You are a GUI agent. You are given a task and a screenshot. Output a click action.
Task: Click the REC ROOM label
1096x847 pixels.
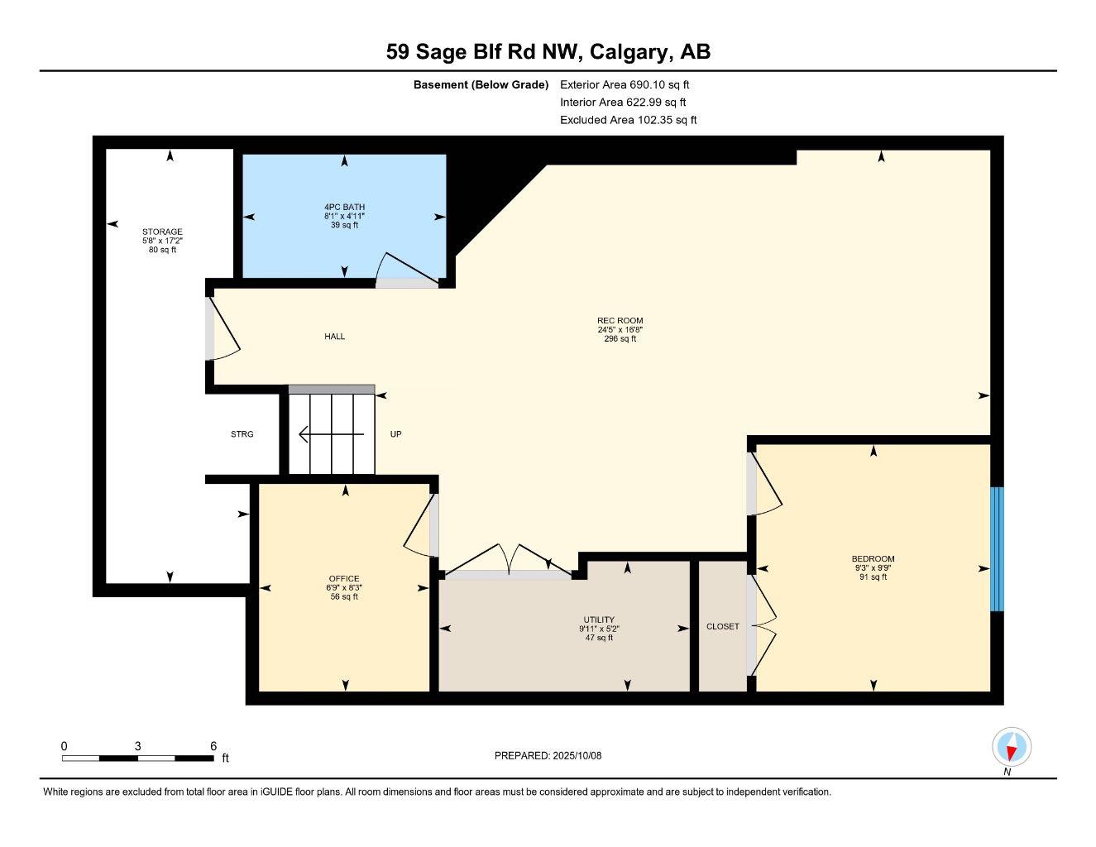[x=620, y=321]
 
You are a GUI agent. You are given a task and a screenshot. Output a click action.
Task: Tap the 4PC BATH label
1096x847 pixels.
[x=344, y=207]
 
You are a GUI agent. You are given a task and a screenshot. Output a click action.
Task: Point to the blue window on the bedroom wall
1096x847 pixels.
[x=997, y=548]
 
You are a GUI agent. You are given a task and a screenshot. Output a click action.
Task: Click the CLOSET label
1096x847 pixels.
[x=722, y=626]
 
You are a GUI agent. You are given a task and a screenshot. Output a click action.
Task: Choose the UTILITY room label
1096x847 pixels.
[x=599, y=620]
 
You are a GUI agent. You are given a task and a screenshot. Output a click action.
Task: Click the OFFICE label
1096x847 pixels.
[x=344, y=578]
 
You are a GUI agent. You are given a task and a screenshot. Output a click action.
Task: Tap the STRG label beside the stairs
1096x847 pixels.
[x=242, y=434]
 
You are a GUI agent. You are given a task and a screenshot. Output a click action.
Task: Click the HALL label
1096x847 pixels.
[x=334, y=337]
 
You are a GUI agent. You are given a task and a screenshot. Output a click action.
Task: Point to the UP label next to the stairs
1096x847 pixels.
[x=395, y=434]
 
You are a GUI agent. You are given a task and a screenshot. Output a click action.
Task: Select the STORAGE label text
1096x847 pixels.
[x=162, y=232]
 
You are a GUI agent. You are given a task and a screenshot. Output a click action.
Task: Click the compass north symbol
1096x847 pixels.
[x=1011, y=748]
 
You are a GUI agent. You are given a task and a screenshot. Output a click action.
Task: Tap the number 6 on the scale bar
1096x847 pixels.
[x=213, y=746]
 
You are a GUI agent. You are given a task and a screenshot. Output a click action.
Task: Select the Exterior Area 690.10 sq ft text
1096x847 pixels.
[x=625, y=84]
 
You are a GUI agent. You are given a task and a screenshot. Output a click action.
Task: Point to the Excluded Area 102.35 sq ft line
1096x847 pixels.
[x=628, y=120]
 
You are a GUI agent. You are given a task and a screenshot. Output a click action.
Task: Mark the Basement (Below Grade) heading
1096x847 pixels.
[x=481, y=84]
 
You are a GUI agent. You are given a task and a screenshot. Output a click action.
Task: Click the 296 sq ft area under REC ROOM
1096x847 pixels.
[x=620, y=339]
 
